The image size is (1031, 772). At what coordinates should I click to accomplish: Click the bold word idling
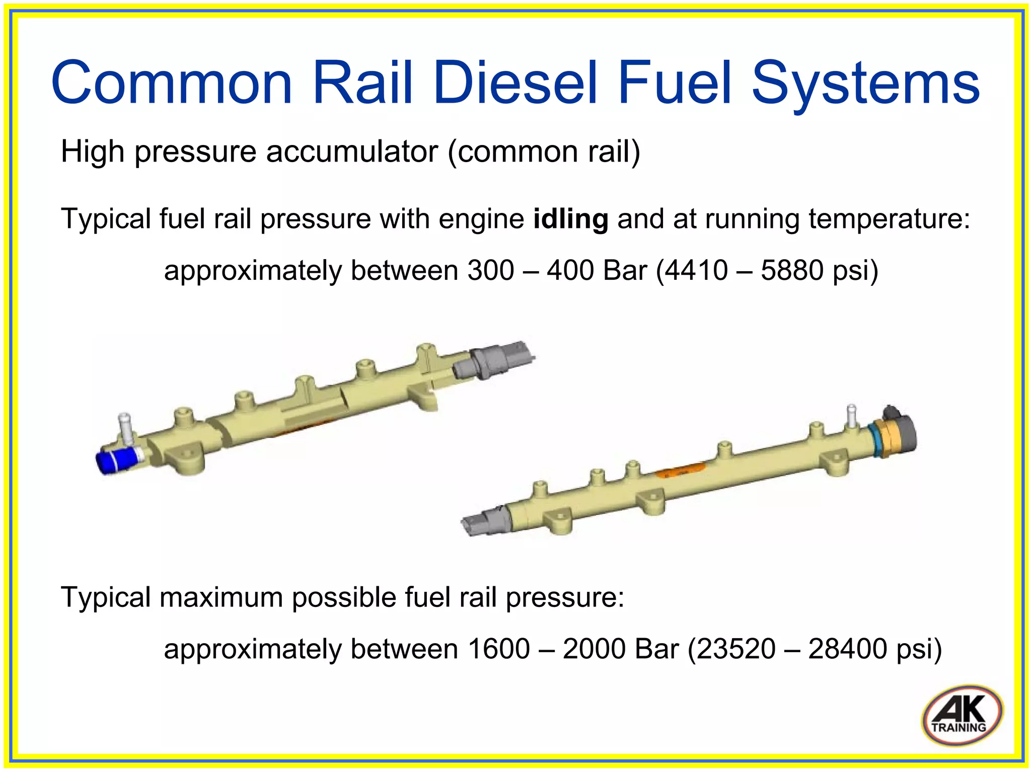[570, 219]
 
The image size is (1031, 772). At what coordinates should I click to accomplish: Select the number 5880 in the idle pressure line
[792, 270]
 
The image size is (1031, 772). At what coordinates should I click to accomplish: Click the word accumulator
[352, 151]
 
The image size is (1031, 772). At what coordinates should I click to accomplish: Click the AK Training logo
[961, 715]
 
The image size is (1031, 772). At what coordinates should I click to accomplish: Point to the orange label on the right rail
[679, 471]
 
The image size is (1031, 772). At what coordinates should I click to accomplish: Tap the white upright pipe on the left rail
[124, 428]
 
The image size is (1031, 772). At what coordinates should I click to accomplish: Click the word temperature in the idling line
[889, 219]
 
